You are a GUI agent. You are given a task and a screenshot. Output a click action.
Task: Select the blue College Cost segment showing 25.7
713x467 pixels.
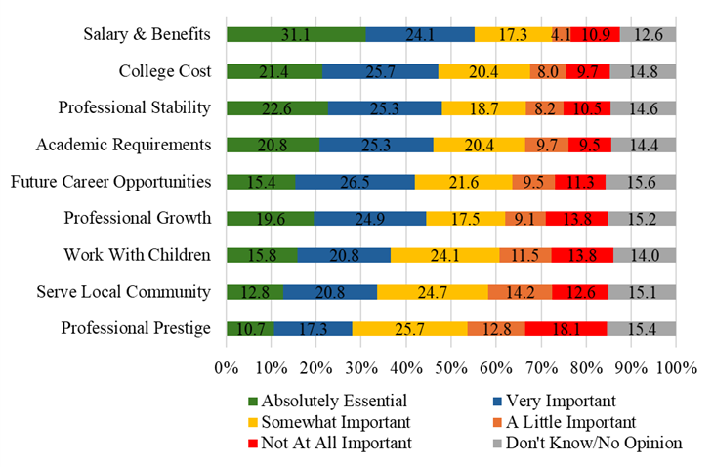click(x=380, y=71)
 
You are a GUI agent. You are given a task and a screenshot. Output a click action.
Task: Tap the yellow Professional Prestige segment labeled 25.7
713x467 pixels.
click(x=409, y=328)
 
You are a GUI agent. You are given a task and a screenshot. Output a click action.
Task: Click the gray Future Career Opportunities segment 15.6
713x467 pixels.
click(x=641, y=182)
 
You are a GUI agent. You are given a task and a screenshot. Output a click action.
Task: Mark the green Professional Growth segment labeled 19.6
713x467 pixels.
click(x=270, y=218)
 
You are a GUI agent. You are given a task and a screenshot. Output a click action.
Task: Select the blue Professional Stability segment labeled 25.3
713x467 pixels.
click(x=385, y=107)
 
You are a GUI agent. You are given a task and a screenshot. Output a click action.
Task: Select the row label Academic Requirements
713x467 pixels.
click(x=123, y=145)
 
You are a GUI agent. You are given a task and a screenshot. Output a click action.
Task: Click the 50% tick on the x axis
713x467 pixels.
click(x=451, y=368)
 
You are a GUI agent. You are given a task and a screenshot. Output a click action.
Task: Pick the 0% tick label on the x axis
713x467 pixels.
click(x=227, y=368)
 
